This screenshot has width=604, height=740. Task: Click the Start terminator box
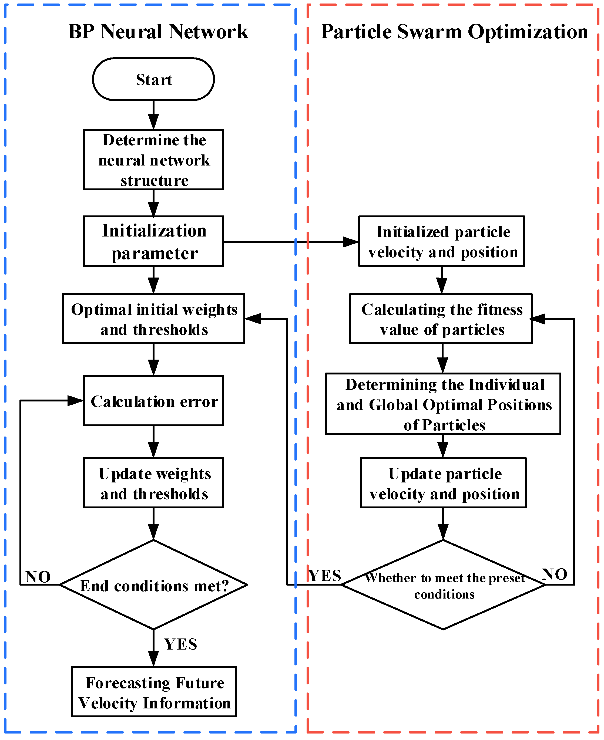click(153, 79)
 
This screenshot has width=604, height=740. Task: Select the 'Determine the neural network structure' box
click(153, 160)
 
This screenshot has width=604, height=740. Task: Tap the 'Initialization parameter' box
click(153, 241)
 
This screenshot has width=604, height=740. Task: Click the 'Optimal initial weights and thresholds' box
click(153, 319)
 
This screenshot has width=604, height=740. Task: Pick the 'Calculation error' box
click(153, 401)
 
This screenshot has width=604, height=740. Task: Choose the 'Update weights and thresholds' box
click(153, 483)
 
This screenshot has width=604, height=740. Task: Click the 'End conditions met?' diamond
click(153, 585)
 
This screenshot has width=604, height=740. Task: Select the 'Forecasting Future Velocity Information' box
click(154, 692)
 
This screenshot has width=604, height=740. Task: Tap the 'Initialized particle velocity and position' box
click(441, 241)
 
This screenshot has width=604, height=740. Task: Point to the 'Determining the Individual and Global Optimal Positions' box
click(443, 404)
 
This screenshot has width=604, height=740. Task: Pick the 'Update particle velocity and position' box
click(443, 483)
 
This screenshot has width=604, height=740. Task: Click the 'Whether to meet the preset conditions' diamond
click(443, 585)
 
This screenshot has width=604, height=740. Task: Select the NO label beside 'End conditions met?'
click(38, 577)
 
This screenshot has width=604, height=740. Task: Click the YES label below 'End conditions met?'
click(180, 644)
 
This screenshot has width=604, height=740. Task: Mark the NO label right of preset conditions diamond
click(555, 574)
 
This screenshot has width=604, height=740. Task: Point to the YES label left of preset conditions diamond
click(325, 576)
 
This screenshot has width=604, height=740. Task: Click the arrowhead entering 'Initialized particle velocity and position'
click(351, 242)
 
